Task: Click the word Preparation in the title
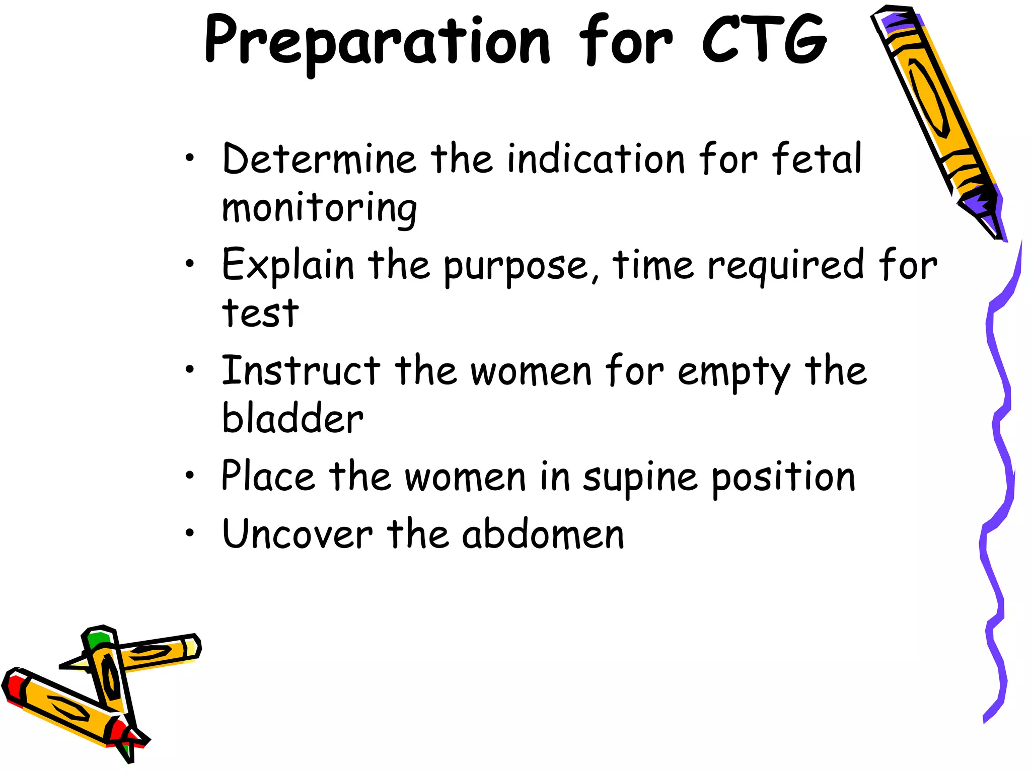click(x=378, y=41)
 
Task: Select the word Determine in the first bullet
click(x=319, y=159)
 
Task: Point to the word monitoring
click(x=319, y=208)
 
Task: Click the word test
click(x=260, y=313)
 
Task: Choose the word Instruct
click(x=301, y=371)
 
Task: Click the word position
click(x=783, y=478)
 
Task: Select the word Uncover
click(x=297, y=534)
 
